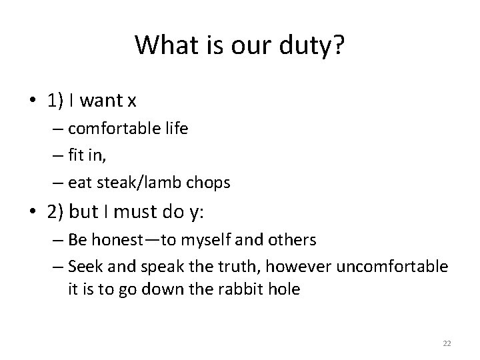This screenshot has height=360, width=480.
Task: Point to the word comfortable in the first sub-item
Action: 117,128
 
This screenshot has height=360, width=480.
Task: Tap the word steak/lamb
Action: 140,181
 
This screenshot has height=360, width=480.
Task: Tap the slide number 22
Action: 447,343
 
